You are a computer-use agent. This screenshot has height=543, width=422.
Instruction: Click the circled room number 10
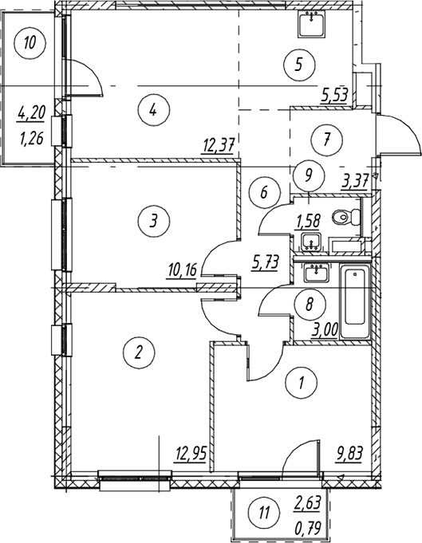30,44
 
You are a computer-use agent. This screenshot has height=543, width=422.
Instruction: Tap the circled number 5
299,65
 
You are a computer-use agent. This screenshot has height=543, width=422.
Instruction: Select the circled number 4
153,110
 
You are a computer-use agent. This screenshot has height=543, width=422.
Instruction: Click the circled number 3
153,220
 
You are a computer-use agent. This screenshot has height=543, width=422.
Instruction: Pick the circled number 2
139,352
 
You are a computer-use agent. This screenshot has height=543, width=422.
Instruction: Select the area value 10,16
181,270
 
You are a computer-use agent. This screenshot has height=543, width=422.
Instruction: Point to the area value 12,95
191,454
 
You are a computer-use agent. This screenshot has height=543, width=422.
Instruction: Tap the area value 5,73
266,263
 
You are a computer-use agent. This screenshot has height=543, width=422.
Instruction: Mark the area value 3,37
354,181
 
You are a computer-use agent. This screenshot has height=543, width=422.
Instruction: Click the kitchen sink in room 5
311,24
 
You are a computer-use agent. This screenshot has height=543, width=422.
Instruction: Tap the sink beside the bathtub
317,273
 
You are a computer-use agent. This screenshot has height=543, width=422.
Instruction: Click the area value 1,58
306,220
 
